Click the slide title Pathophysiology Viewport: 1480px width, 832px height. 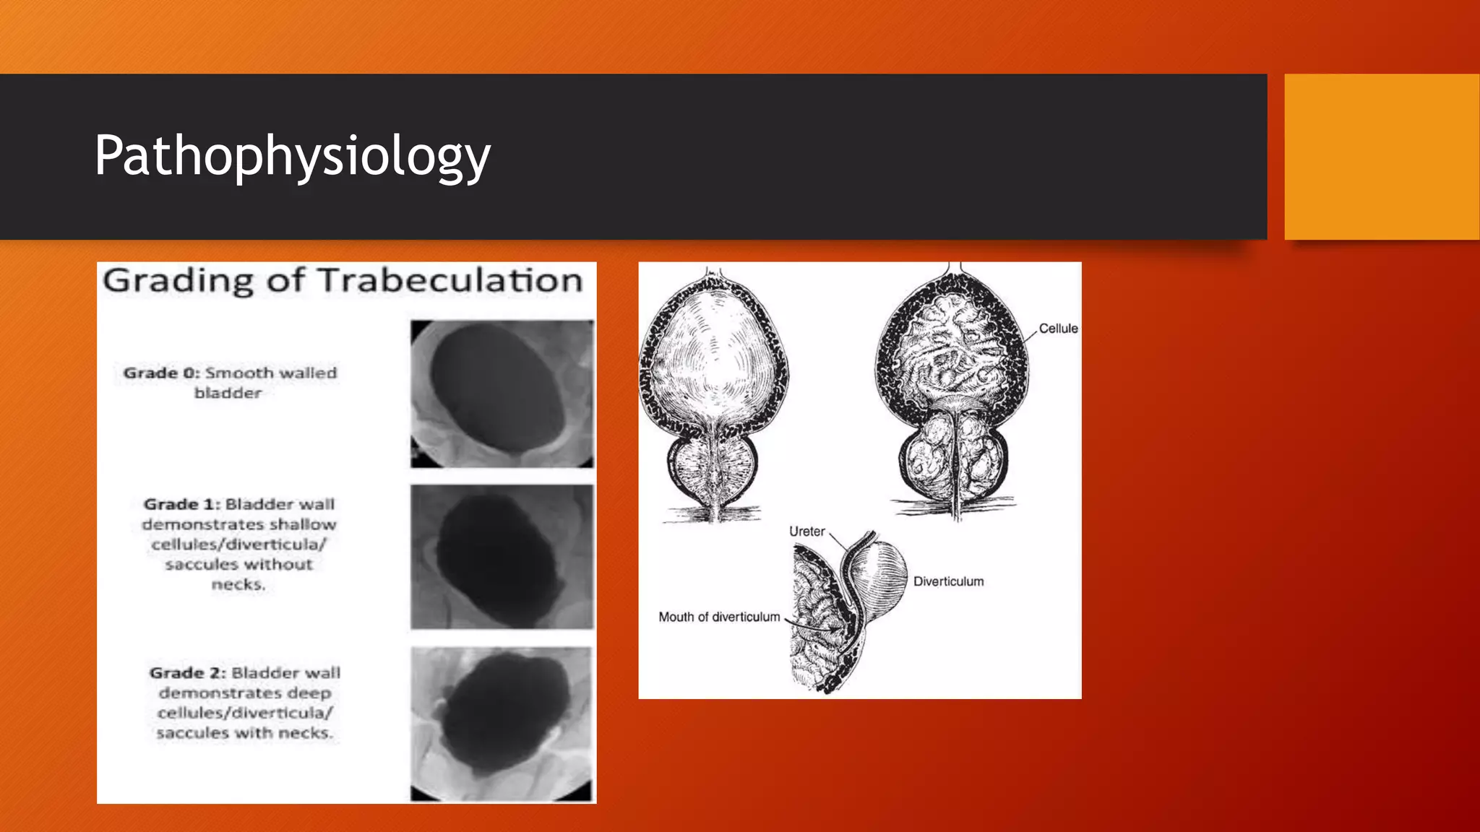(292, 156)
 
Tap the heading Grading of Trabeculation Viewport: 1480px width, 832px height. (343, 280)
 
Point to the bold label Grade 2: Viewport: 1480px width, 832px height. (187, 673)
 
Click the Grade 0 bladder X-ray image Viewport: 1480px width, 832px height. (502, 394)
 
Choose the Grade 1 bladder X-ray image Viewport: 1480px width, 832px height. (502, 557)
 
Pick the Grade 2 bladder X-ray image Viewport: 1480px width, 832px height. (502, 724)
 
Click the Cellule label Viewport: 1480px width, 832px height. (1058, 329)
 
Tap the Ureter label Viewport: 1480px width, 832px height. (806, 532)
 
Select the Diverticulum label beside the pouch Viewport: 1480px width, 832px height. (948, 581)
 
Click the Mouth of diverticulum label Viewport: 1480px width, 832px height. (719, 617)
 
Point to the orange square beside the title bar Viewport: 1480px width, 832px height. (1382, 157)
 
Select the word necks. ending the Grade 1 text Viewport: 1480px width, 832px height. (238, 584)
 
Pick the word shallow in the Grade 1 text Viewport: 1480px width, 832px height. (303, 524)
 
